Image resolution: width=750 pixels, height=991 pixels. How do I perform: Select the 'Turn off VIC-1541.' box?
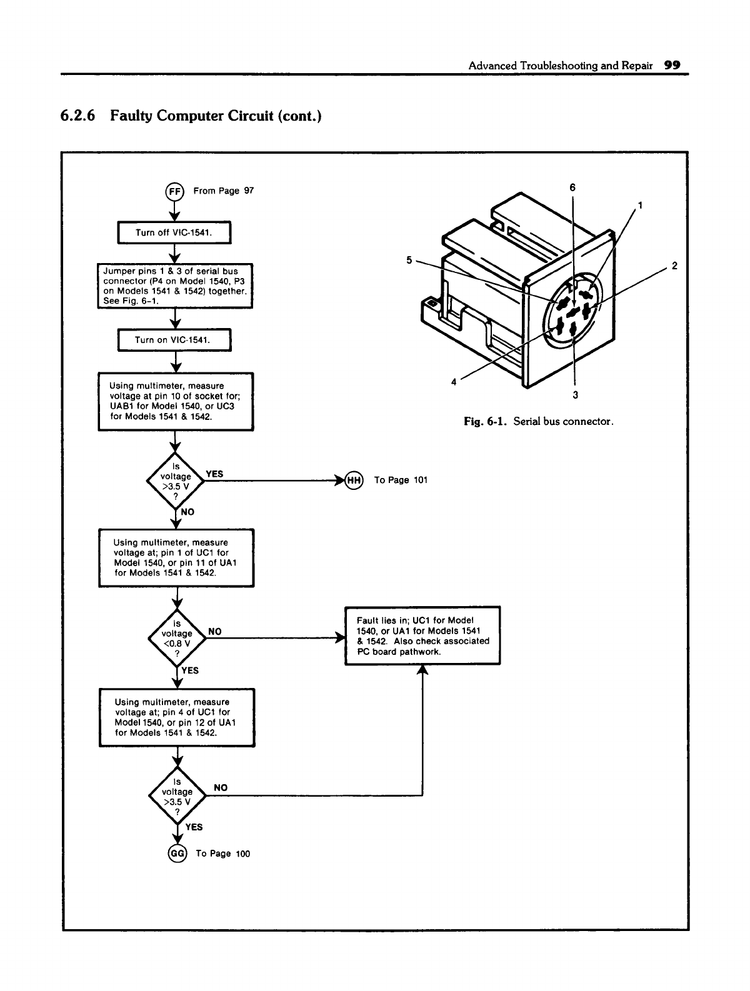(x=175, y=233)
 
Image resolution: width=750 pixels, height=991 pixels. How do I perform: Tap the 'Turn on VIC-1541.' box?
(x=175, y=340)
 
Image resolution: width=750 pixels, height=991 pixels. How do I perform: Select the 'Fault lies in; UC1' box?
(x=422, y=635)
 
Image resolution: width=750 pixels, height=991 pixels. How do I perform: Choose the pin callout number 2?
(x=674, y=265)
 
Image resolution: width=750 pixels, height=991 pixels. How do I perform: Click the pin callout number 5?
(x=409, y=260)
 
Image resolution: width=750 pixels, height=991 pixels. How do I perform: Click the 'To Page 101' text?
(x=401, y=480)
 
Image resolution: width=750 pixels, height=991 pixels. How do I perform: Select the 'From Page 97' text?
(x=224, y=191)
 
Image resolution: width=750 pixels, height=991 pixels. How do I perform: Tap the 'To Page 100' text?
(x=222, y=854)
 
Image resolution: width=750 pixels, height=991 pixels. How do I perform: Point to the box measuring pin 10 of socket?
(x=176, y=401)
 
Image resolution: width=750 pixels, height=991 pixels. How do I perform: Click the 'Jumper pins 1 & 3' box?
(x=176, y=286)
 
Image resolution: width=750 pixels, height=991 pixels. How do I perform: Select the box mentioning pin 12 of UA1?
(x=177, y=717)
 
